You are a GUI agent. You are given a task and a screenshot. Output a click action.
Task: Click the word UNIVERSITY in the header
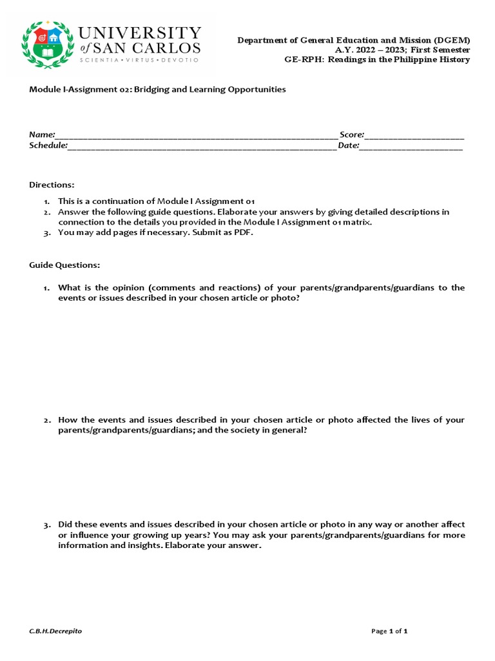140,34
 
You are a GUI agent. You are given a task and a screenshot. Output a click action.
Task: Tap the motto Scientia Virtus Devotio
139,59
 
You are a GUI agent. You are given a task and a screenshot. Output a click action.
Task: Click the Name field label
42,134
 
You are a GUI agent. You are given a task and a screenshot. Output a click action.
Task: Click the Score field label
352,134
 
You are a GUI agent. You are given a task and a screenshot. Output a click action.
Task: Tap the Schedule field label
48,145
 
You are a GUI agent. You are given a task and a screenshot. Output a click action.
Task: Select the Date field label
348,145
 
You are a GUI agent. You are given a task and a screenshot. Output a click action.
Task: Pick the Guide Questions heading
64,265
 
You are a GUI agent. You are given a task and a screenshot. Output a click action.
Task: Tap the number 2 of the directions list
47,212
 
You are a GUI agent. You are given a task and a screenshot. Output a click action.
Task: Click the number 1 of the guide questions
47,288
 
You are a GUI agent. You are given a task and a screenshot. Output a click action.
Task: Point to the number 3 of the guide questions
47,525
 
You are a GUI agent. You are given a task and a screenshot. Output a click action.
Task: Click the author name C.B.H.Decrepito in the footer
55,631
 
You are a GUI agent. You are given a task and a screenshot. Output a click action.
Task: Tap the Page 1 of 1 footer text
389,631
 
